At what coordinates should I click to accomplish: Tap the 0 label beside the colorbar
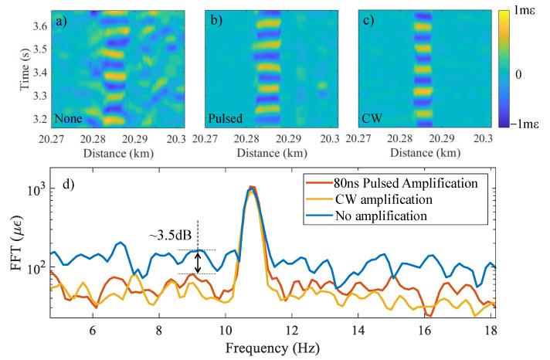click(x=525, y=69)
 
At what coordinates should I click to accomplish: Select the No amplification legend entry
click(x=382, y=215)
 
